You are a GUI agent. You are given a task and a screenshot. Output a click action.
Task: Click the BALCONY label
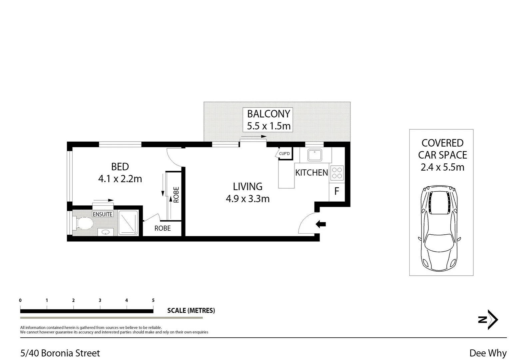268,114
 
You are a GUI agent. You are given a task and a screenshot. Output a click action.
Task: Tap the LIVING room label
248,186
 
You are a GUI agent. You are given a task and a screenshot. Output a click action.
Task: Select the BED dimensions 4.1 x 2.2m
120,179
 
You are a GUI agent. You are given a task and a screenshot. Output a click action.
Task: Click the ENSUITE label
103,214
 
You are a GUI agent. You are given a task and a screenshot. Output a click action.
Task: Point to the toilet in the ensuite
84,223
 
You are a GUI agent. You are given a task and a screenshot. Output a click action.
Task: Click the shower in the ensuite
128,223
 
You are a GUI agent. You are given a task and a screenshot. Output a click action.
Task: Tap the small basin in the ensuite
106,232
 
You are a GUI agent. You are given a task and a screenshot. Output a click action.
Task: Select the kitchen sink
314,155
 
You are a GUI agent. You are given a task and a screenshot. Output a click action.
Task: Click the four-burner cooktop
337,173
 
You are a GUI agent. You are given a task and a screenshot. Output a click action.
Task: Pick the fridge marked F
337,191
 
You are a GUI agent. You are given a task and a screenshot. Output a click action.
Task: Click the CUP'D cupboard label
284,154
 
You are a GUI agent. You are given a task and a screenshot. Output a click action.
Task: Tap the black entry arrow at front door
320,224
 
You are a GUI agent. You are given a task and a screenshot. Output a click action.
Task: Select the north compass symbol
488,320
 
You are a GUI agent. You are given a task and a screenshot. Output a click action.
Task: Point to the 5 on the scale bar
153,300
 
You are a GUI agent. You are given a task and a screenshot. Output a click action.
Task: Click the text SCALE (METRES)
191,311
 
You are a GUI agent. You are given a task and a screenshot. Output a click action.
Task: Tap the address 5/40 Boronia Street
60,353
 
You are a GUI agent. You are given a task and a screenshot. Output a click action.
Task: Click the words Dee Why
488,353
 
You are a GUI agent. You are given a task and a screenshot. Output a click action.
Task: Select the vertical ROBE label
176,195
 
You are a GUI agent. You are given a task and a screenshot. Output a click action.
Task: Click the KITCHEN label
311,173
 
